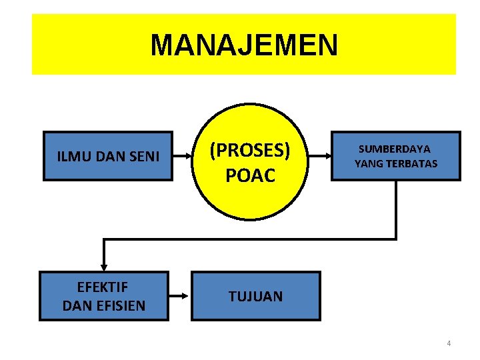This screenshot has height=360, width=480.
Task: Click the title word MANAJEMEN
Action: [244, 45]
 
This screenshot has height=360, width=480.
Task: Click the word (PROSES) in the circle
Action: [250, 151]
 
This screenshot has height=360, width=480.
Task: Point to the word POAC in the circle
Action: [250, 175]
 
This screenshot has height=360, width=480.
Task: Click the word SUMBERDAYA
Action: [395, 149]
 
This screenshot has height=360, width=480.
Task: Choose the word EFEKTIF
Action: [103, 287]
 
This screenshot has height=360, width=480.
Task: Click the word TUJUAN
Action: [255, 297]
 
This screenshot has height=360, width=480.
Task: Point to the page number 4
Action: [449, 343]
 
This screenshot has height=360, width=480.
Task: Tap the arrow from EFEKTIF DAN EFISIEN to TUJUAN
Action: [179, 296]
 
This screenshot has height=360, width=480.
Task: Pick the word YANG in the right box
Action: [366, 163]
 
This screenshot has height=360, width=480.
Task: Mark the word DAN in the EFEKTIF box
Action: [77, 306]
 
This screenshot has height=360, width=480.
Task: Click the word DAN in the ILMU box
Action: [107, 157]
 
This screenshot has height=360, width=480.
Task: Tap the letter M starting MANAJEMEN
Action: [161, 45]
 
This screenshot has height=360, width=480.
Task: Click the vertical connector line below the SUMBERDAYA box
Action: [396, 209]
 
